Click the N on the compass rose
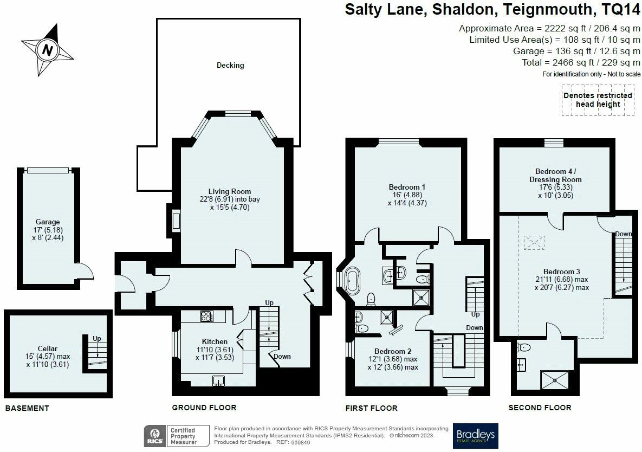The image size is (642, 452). pyautogui.click(x=48, y=50)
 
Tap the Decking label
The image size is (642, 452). pyautogui.click(x=230, y=65)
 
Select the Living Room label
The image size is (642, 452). pyautogui.click(x=230, y=191)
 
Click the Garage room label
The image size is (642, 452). pyautogui.click(x=48, y=222)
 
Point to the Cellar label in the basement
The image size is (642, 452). pyautogui.click(x=48, y=349)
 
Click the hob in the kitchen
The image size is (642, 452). pyautogui.click(x=207, y=316)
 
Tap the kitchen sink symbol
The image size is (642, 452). pyautogui.click(x=219, y=381)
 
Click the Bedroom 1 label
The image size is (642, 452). pyautogui.click(x=407, y=187)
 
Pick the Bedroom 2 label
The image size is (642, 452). pyautogui.click(x=393, y=351)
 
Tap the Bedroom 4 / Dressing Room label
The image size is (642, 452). pyautogui.click(x=556, y=175)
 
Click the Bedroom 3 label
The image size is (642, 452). pyautogui.click(x=562, y=272)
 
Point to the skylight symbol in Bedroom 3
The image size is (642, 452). pyautogui.click(x=534, y=242)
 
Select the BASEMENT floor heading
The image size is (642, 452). pyautogui.click(x=27, y=408)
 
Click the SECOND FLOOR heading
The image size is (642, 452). pyautogui.click(x=540, y=408)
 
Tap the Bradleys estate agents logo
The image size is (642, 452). pyautogui.click(x=475, y=436)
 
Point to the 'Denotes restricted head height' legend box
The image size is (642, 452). pyautogui.click(x=598, y=100)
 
